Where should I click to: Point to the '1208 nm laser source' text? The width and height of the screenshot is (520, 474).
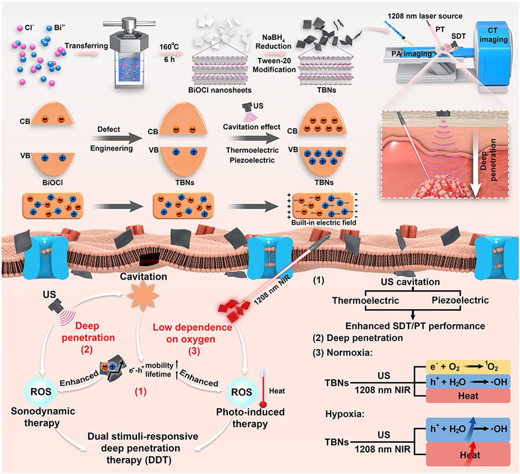tap(425, 16)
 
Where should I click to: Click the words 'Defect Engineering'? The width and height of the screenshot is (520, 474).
tap(112, 139)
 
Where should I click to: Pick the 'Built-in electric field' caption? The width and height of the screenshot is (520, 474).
tap(324, 222)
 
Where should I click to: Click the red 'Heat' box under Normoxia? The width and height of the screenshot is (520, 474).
tap(468, 396)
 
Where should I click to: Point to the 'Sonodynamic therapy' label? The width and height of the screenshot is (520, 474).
tap(43, 417)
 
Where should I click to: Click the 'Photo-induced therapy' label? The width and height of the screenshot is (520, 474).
tap(250, 418)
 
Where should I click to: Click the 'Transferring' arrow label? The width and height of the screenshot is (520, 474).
tap(86, 45)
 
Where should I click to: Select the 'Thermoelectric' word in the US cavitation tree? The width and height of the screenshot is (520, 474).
tap(366, 300)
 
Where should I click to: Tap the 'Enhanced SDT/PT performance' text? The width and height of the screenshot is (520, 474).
tap(415, 326)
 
